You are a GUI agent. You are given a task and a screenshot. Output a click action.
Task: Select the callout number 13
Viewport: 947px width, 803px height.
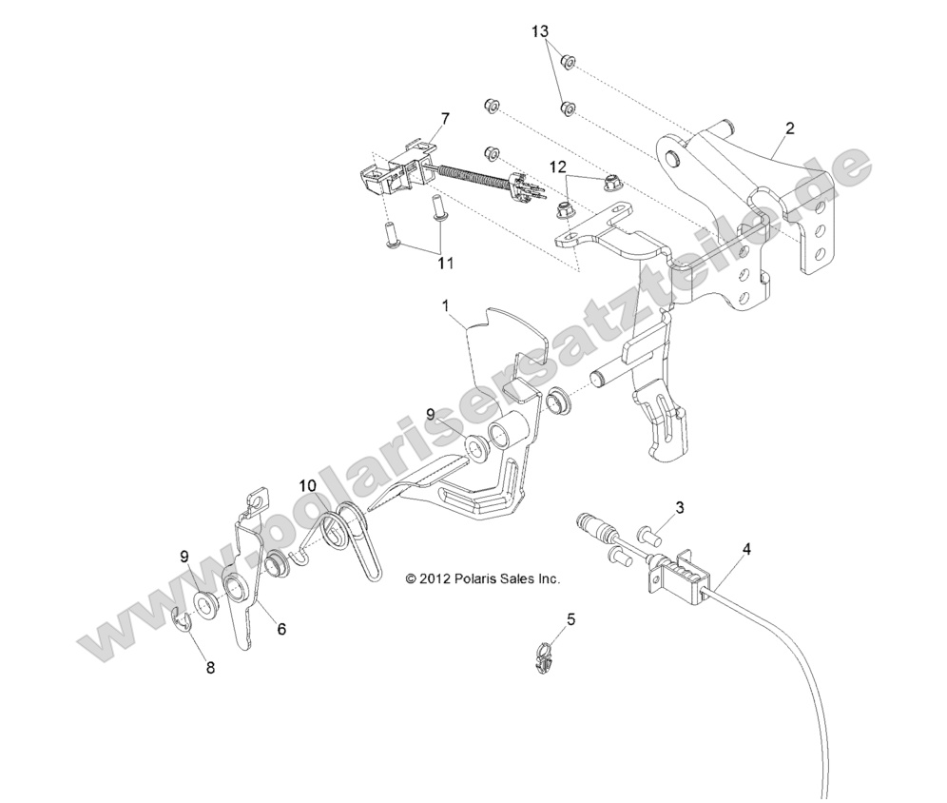pos(540,32)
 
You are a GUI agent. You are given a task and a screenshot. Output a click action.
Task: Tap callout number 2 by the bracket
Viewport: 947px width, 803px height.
pos(789,127)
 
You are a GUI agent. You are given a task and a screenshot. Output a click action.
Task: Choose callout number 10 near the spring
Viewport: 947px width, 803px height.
pos(306,485)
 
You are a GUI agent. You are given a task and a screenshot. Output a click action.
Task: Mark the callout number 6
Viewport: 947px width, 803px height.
pos(280,629)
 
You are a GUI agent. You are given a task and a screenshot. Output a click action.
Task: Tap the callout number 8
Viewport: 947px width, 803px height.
pos(210,668)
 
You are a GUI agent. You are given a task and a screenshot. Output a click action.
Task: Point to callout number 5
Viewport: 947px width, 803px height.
pos(570,619)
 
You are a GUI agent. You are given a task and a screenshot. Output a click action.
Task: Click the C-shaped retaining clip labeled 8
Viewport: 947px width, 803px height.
pos(182,621)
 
